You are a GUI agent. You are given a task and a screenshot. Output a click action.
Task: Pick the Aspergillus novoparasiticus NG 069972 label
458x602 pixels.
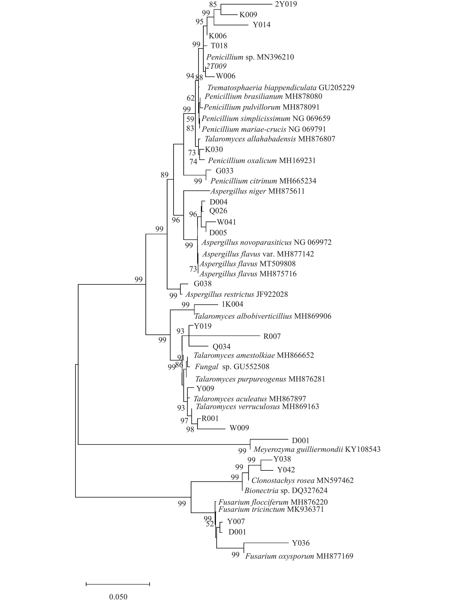[266, 242]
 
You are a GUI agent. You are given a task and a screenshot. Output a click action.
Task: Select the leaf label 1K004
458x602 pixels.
[232, 304]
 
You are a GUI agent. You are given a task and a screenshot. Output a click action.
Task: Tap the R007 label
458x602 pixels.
[272, 337]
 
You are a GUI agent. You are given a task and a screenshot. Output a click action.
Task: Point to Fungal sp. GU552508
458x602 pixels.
[232, 367]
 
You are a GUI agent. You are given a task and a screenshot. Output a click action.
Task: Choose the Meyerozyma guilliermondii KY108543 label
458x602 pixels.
[317, 449]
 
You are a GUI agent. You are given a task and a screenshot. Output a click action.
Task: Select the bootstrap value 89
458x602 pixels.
[164, 175]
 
